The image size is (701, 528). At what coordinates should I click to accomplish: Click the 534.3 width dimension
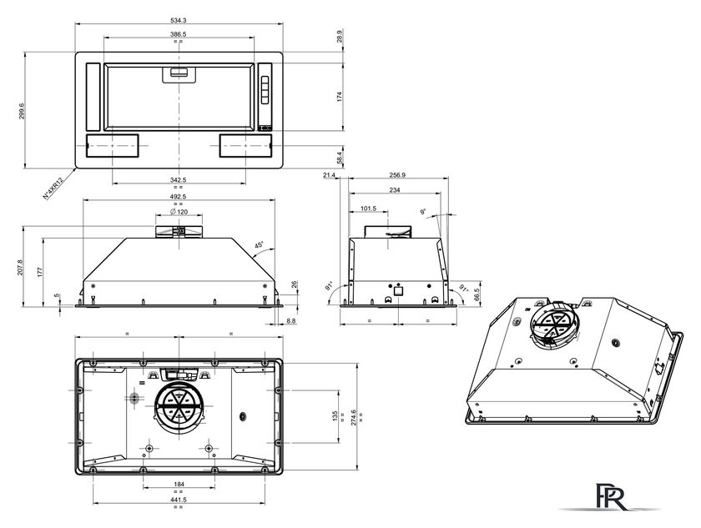coord(179,20)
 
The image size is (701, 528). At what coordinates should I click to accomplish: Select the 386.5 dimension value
coord(179,34)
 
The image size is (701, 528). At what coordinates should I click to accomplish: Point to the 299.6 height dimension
coord(22,110)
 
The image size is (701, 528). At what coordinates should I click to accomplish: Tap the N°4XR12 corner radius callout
coord(53,188)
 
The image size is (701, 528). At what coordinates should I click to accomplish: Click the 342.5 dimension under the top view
coord(179,179)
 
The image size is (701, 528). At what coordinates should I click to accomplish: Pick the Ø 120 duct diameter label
coord(179,211)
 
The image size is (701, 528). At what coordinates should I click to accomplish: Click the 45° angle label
coord(259,245)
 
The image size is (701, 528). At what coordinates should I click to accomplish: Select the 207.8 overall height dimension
coord(20,267)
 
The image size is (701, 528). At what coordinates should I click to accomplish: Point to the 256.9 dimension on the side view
coord(397,175)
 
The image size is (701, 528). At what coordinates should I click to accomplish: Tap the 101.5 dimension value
coord(368,209)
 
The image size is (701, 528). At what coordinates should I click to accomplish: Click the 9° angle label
coord(423,211)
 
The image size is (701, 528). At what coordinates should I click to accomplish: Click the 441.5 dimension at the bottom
coord(179,500)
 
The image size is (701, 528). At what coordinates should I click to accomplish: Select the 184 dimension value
coord(179,484)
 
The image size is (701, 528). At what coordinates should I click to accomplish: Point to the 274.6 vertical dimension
coord(354,417)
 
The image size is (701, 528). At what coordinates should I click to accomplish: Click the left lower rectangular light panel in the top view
coord(111,146)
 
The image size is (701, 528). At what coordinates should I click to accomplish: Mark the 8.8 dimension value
coord(291,321)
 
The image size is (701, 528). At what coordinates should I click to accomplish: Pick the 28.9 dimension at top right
coord(340,35)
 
